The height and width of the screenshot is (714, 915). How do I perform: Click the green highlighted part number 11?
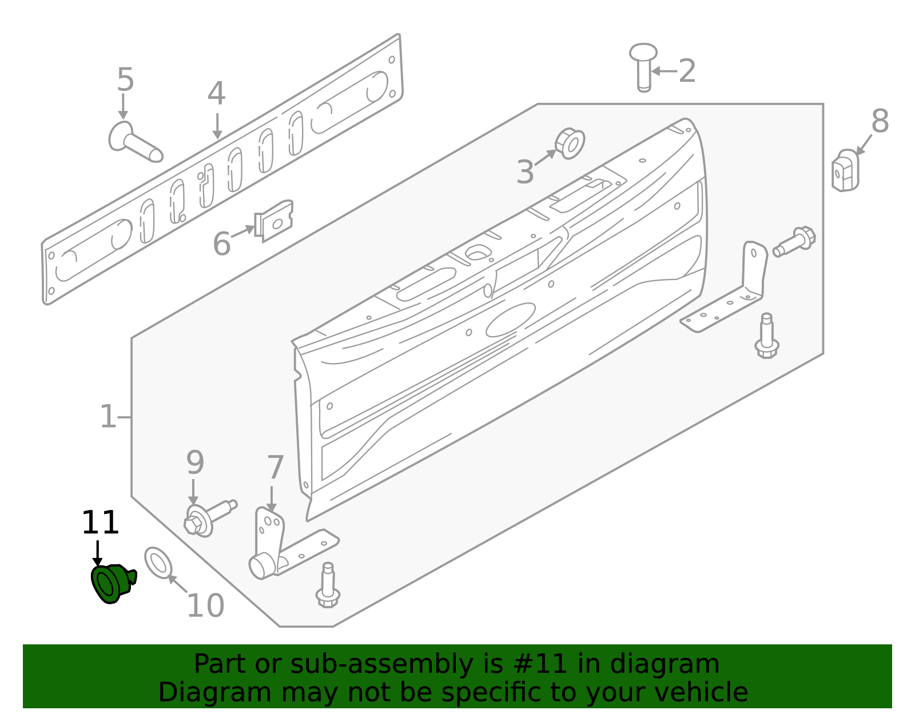point(112,583)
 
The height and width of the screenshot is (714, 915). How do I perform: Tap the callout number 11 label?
point(100,523)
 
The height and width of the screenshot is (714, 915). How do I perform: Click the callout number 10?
point(205,606)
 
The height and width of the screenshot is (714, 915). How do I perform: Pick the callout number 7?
point(275,467)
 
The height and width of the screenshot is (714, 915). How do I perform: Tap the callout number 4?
point(216,94)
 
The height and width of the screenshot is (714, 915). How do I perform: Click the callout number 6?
point(221,244)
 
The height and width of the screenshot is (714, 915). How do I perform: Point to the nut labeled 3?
point(570,143)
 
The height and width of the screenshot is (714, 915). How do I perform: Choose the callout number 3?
point(525,172)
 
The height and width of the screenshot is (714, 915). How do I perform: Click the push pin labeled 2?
point(643,66)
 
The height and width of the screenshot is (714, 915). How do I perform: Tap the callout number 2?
point(687,71)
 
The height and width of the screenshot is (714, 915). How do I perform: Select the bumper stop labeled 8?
point(845,170)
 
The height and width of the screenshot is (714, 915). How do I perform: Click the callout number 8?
point(880,122)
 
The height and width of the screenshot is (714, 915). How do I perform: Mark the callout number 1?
point(108,417)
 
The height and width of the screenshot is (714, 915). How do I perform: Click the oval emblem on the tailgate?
point(511,320)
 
